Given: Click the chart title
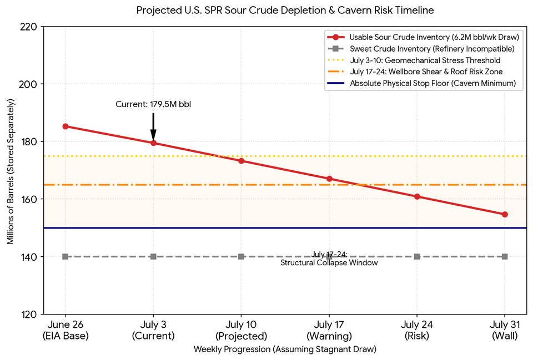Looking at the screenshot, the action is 285,10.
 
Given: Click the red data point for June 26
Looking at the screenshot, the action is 66,126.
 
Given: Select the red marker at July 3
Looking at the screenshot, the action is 153,143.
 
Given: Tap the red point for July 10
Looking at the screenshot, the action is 241,161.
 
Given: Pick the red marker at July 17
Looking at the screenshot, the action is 329,179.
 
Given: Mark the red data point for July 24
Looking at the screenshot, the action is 417,196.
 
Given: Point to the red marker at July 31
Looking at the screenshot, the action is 505,214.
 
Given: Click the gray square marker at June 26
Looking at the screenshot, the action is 66,256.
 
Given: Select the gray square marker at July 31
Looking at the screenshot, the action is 505,256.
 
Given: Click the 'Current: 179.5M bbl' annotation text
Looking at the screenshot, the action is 153,104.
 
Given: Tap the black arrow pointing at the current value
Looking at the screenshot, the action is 153,126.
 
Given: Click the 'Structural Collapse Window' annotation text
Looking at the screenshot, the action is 329,262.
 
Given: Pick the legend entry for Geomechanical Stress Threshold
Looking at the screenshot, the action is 414,60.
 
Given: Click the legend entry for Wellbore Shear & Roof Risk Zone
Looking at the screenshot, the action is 415,72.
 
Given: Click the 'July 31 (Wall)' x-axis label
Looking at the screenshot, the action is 505,330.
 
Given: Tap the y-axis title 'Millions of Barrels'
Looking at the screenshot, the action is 11,171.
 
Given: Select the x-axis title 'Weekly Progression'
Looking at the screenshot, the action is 285,349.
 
